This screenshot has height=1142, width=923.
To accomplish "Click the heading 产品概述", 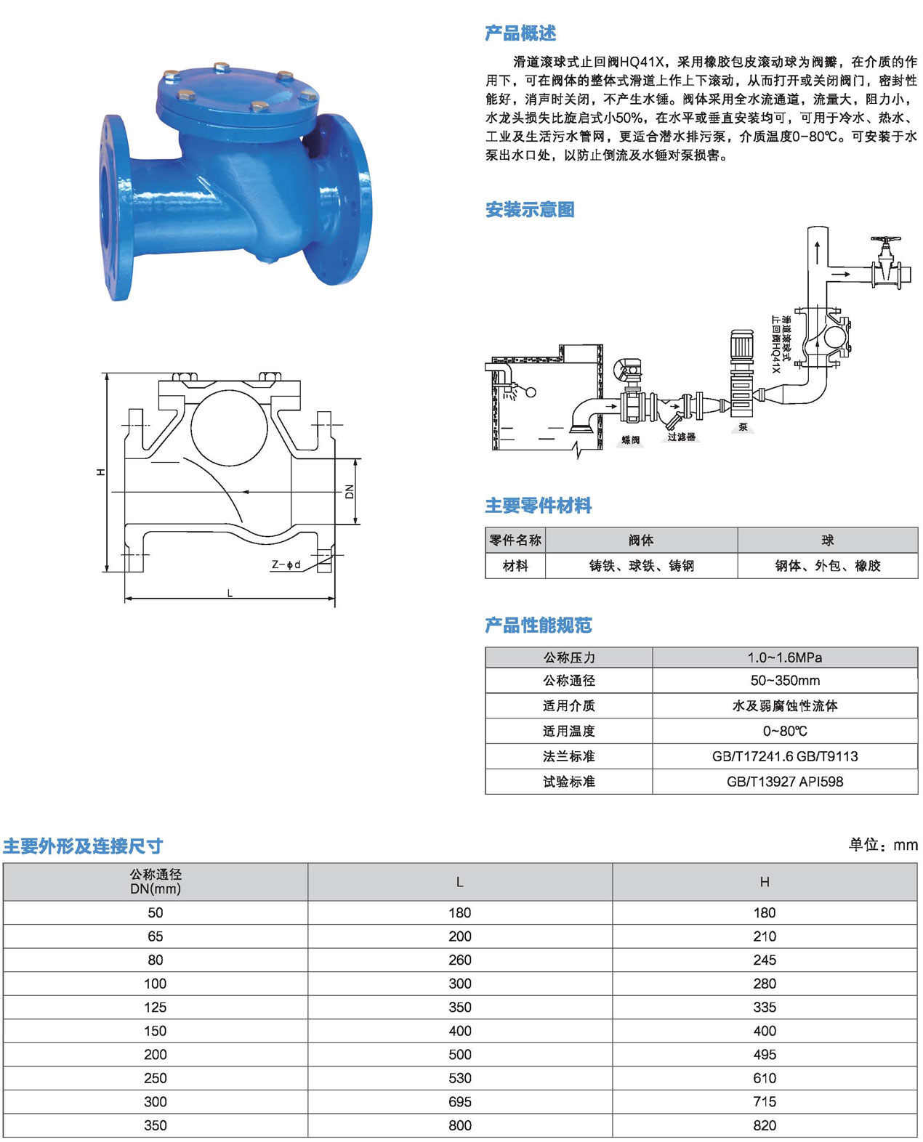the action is [520, 33].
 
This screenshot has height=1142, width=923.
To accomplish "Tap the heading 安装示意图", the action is [529, 210].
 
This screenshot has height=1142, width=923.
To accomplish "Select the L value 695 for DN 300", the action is [459, 1101].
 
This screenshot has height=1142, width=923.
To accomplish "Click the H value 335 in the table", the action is [765, 1007].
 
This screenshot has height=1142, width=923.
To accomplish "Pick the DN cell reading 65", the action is [155, 936].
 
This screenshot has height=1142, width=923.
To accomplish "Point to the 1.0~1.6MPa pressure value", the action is [785, 657].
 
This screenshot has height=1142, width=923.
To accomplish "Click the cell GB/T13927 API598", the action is [785, 781].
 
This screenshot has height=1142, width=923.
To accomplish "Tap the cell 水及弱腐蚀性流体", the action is [785, 705].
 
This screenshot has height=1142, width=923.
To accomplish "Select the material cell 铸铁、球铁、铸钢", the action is [642, 565].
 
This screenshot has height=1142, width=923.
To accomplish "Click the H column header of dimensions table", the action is [765, 882].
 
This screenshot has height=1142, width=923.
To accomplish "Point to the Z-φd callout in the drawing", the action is [286, 564].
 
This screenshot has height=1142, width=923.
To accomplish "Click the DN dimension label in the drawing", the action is [349, 491].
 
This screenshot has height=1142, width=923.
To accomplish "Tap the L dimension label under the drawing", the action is [230, 593].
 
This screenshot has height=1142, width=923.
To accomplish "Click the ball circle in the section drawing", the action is [229, 428].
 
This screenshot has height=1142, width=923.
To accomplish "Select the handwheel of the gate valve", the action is [885, 240].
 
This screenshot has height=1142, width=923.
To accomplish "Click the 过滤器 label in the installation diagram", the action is [681, 437].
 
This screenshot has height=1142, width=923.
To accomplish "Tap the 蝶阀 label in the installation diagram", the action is [631, 440].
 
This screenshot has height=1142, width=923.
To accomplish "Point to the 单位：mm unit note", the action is [883, 845].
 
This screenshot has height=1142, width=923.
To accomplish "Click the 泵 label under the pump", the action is [743, 426].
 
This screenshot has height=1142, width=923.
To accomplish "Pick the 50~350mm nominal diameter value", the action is [785, 681].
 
